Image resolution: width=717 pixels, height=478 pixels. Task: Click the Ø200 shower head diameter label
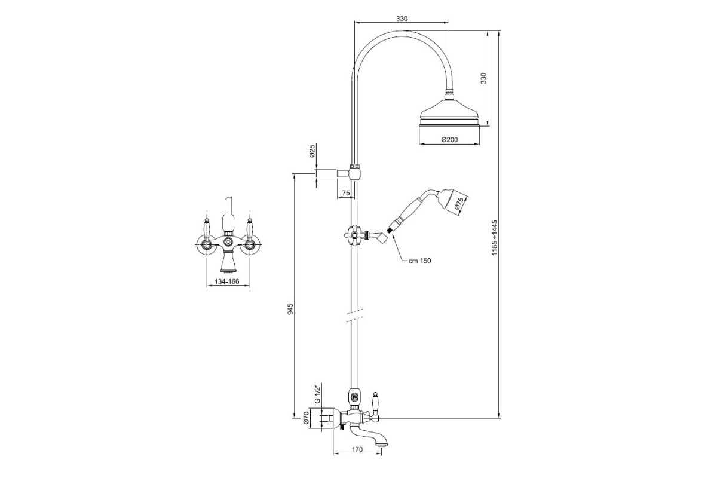point(449,140)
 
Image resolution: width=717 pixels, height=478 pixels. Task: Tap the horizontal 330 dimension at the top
point(402,19)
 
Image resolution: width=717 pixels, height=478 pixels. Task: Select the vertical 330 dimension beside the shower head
point(483,78)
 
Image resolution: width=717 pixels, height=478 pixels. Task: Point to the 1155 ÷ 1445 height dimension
point(494,238)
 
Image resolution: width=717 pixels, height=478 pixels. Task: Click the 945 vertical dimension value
point(290,309)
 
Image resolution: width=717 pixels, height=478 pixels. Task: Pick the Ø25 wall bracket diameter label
point(312,151)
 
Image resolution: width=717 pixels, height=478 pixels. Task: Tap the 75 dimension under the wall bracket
point(346,193)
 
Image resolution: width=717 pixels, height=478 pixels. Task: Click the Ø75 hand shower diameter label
point(459,204)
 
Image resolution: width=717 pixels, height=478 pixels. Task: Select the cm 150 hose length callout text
point(419,261)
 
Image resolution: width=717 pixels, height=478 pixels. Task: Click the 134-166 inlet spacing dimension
point(227,282)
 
